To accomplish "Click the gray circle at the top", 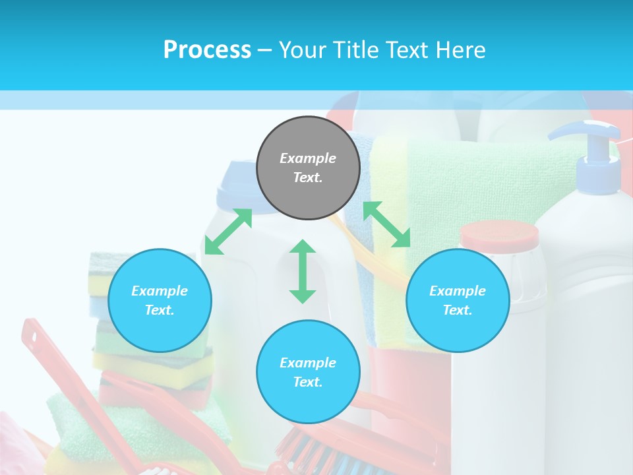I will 308,168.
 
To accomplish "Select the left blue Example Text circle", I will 160,300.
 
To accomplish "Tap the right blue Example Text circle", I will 458,300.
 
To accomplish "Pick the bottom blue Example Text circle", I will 308,372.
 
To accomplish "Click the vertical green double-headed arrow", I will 303,271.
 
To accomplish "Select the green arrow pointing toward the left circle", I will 228,232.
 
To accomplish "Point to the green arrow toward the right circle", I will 387,224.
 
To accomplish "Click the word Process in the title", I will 207,49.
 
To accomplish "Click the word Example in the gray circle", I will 308,158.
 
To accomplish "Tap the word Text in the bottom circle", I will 308,382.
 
